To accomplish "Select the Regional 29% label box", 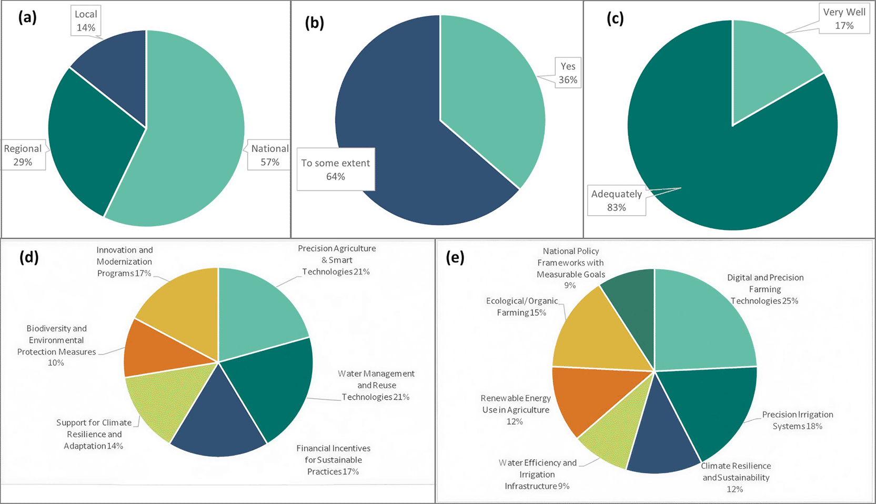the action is pos(23,155).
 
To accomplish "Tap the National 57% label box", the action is pos(269,155).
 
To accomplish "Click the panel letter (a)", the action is pos(27,18).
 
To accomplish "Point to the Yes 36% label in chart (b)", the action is pos(568,73).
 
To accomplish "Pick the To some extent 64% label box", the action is pos(336,169).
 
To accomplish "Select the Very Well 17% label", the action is pos(844,19).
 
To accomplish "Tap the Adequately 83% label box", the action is pos(617,200).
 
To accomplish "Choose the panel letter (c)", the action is pos(615,18).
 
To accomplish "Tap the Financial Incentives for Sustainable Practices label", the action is pos(333,460).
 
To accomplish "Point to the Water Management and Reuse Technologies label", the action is pos(376,385).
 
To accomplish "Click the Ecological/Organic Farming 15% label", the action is pos(522,307).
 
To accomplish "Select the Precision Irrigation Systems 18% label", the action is pos(798,420).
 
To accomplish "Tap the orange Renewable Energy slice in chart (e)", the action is pos(590,395).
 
